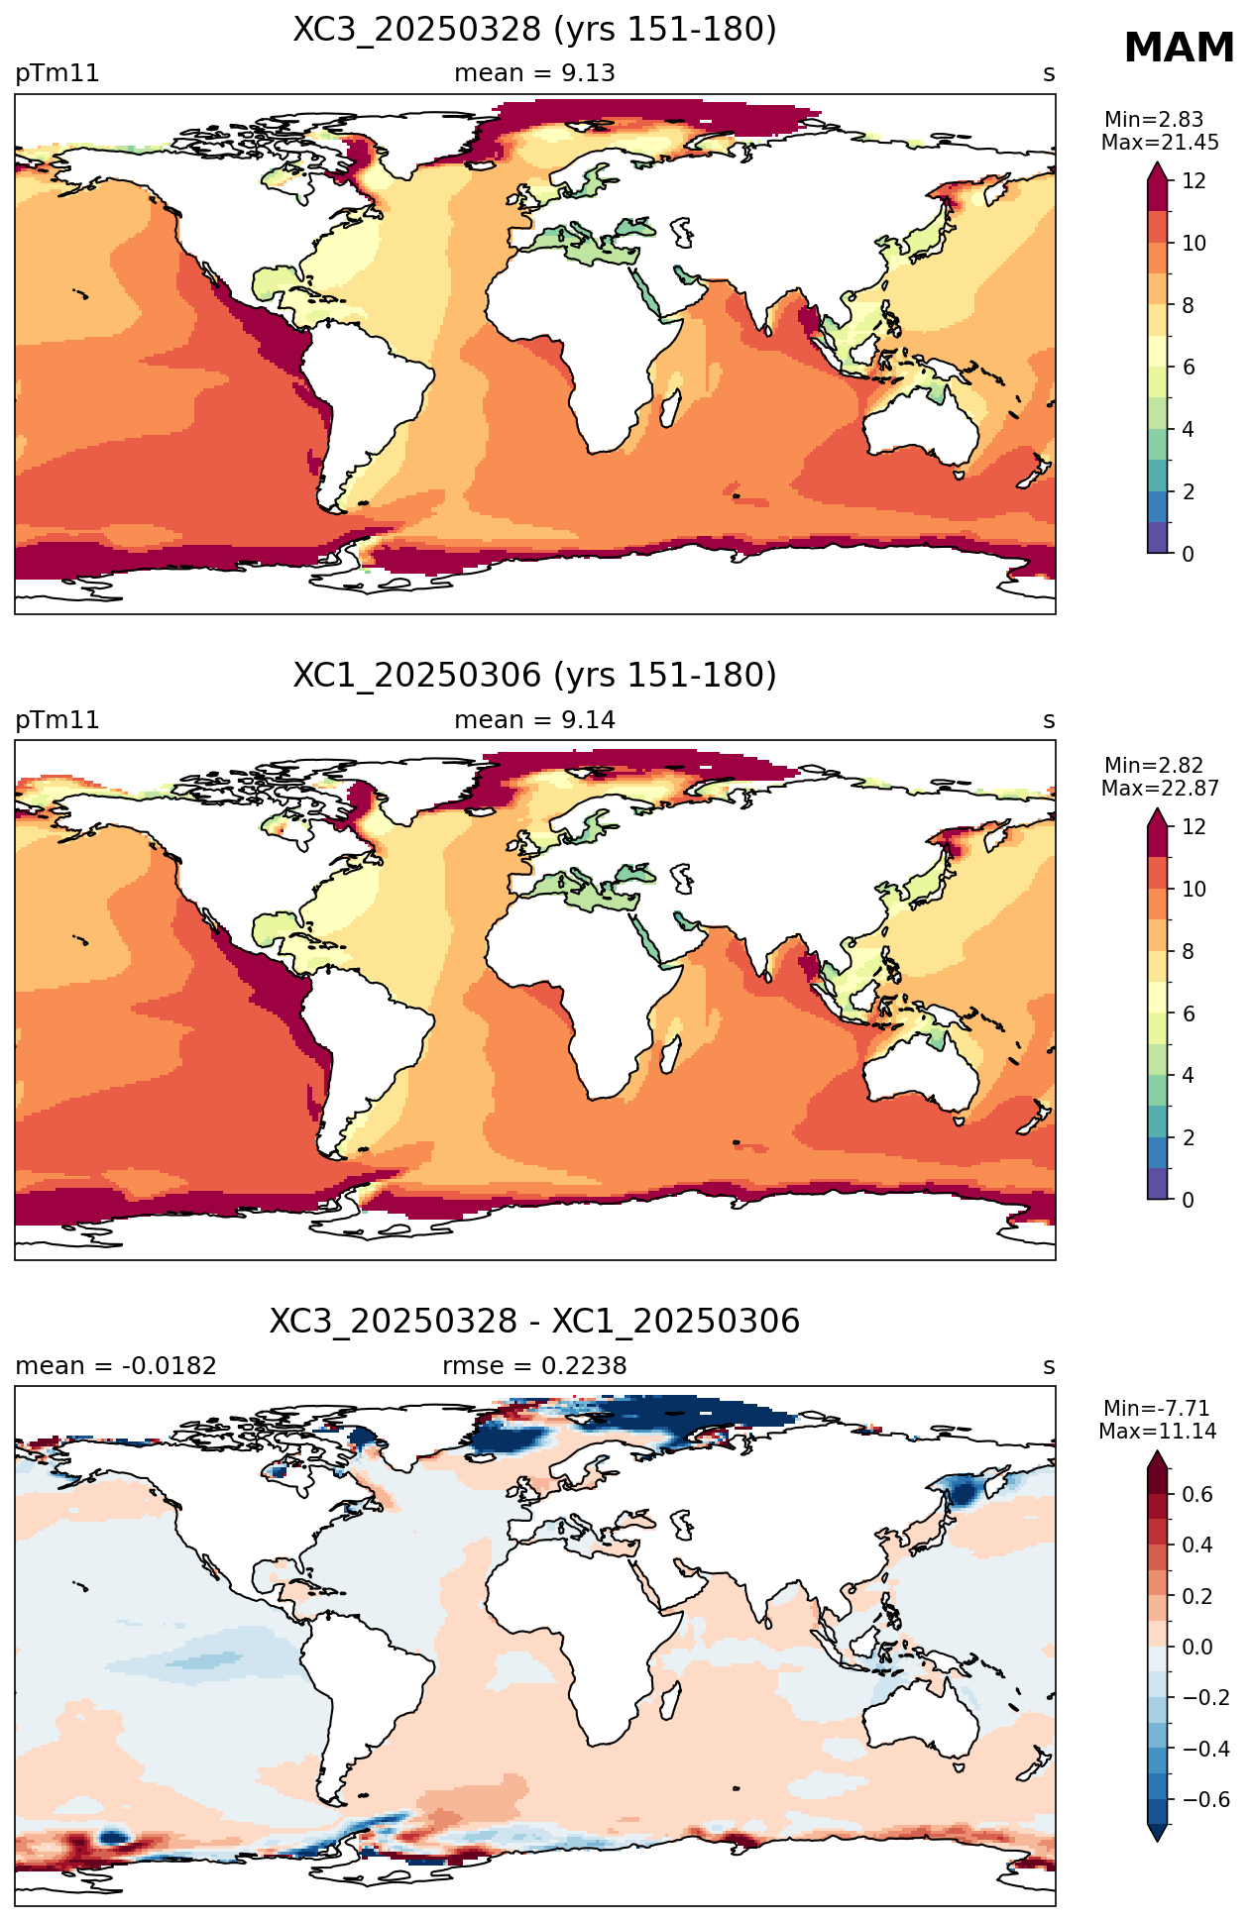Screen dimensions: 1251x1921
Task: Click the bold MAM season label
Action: point(1179,49)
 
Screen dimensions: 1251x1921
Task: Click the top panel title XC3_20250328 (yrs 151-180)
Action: point(534,30)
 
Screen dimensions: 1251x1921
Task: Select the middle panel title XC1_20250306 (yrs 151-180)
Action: point(534,676)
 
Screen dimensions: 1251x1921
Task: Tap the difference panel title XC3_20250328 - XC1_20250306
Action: point(534,1322)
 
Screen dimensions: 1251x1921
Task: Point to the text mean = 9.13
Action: point(534,73)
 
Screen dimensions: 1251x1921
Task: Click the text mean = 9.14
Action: point(534,720)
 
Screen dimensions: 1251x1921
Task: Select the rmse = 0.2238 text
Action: point(534,1366)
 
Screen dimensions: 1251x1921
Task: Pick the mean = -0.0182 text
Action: point(116,1366)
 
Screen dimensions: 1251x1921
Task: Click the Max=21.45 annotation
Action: point(1160,143)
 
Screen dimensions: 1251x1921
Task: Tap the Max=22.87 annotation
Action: point(1160,789)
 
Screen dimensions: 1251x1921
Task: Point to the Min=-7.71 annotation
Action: point(1157,1409)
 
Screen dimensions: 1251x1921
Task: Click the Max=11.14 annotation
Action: point(1157,1432)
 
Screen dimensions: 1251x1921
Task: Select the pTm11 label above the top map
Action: point(57,74)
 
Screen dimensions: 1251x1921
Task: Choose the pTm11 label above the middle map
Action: point(57,720)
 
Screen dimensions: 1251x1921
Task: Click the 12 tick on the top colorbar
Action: point(1194,181)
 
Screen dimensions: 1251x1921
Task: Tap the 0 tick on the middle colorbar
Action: point(1189,1200)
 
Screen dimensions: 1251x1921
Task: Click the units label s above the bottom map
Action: point(1049,1367)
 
